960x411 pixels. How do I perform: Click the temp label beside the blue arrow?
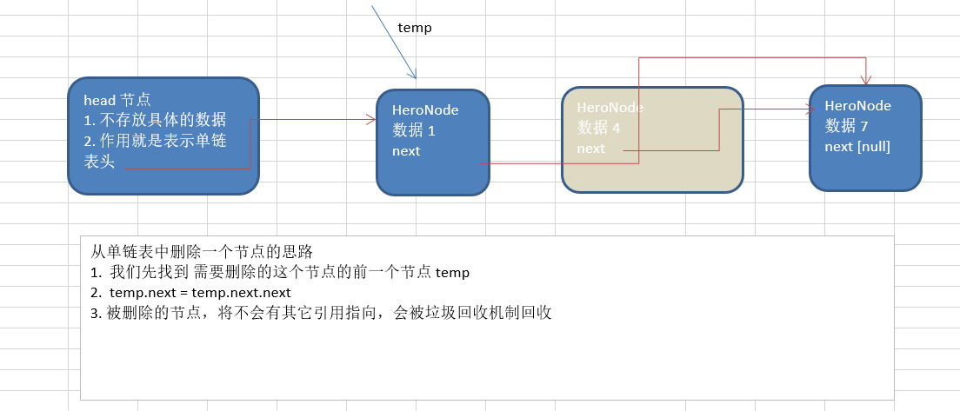[415, 28]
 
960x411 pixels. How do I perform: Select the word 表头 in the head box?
[99, 161]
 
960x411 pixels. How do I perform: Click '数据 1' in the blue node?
[413, 130]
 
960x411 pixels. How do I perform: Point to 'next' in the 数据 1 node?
[405, 151]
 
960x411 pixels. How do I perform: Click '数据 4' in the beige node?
[599, 128]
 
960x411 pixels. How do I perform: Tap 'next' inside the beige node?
[590, 149]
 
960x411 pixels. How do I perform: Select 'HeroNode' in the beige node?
[610, 107]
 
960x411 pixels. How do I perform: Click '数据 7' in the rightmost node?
[846, 126]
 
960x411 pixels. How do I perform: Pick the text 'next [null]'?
[857, 146]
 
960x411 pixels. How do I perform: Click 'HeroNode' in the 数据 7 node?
[858, 106]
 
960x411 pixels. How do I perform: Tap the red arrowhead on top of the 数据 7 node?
[865, 80]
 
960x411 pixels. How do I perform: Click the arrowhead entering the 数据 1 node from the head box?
[370, 120]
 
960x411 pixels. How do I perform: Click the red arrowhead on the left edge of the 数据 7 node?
[804, 109]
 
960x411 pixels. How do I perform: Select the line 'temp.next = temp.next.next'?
[200, 293]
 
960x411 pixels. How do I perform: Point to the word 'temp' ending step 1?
[452, 273]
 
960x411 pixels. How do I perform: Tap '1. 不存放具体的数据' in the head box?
[155, 120]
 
